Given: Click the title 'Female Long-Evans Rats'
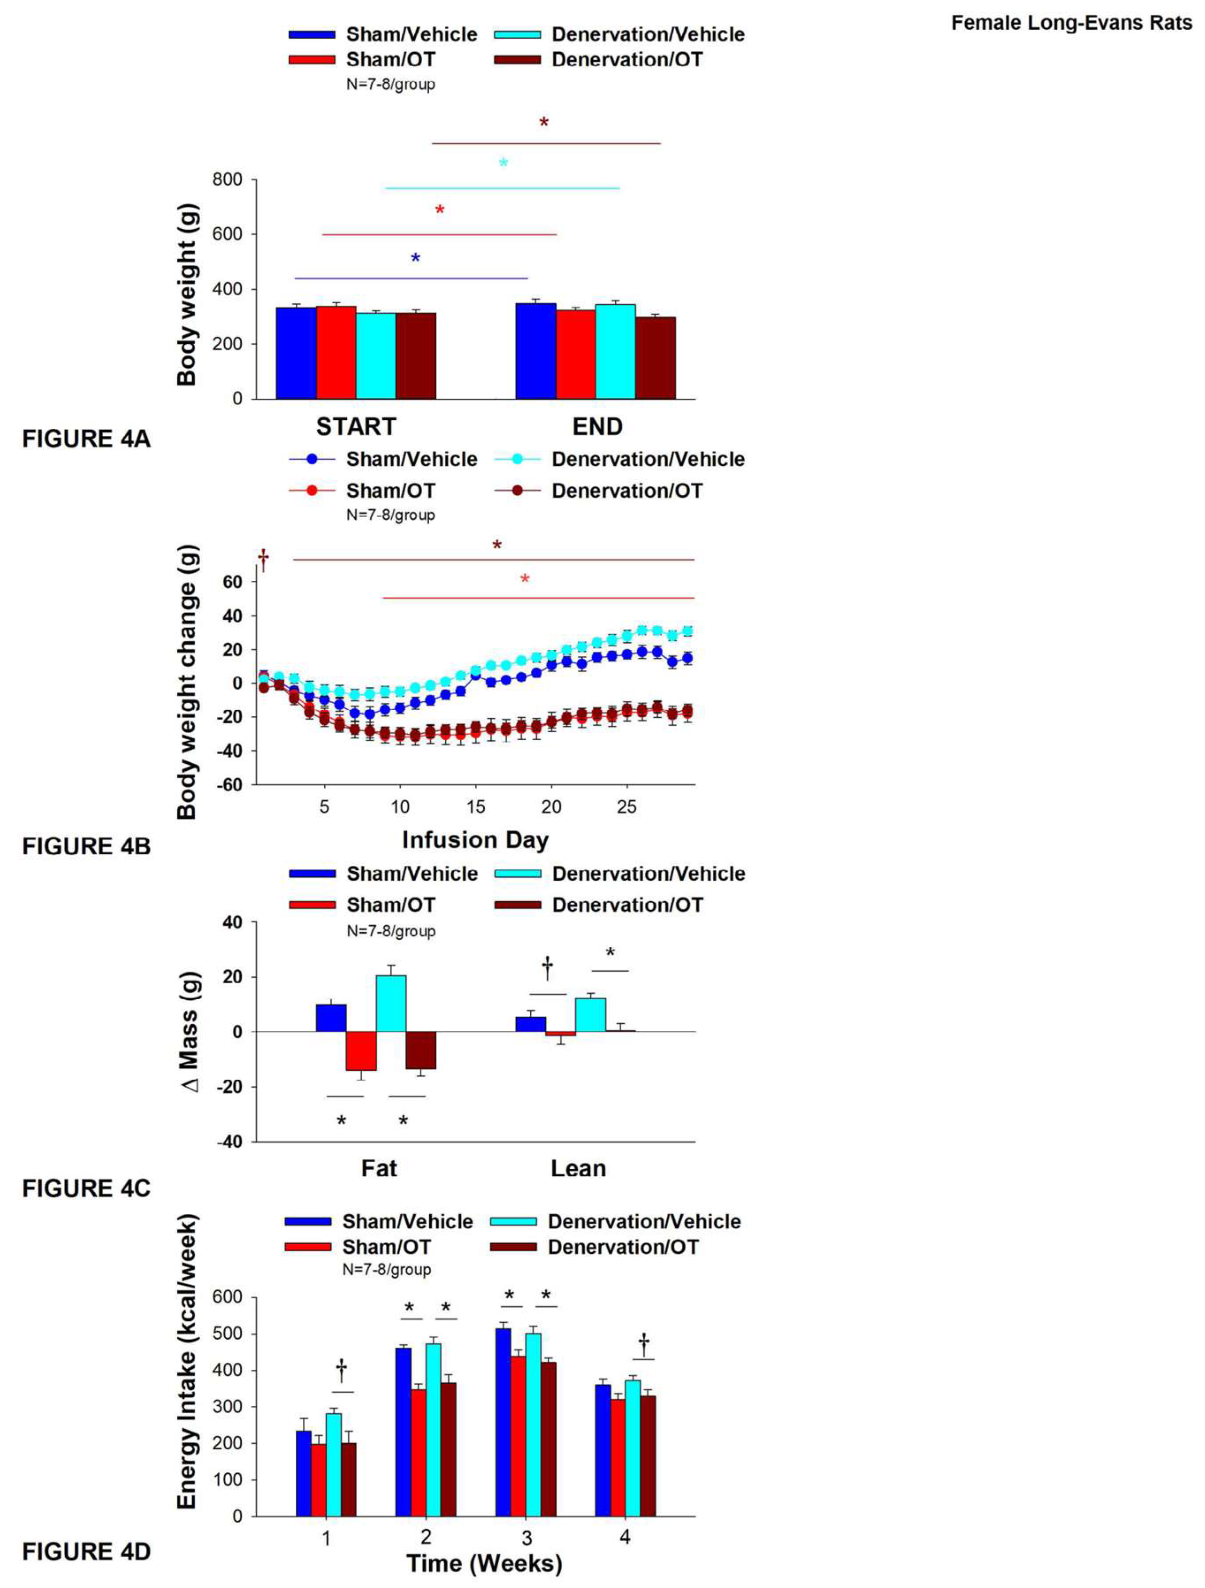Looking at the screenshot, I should (1071, 24).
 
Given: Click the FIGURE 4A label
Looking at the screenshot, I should (86, 439).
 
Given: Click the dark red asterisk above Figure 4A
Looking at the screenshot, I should (544, 123).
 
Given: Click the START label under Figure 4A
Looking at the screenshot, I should (356, 427).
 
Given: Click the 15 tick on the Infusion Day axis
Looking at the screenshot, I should (475, 807).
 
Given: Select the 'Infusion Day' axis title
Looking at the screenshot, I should (475, 840).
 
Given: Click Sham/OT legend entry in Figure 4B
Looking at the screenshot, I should (390, 491).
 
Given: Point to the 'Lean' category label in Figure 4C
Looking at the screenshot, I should (578, 1169).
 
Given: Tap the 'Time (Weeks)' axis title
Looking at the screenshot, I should (484, 1564).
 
